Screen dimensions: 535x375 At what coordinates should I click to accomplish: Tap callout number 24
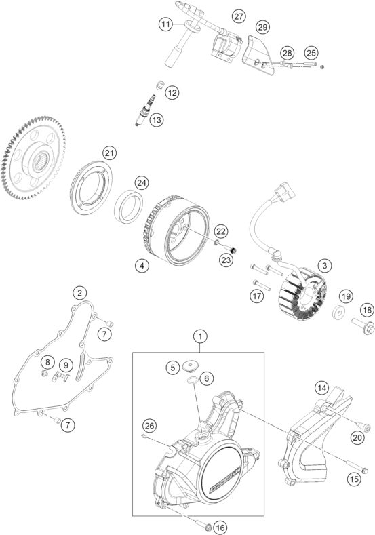coord(141,182)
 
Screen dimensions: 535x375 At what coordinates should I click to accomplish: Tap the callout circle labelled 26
coord(149,425)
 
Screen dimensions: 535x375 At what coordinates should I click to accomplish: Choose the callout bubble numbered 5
coord(174,367)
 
